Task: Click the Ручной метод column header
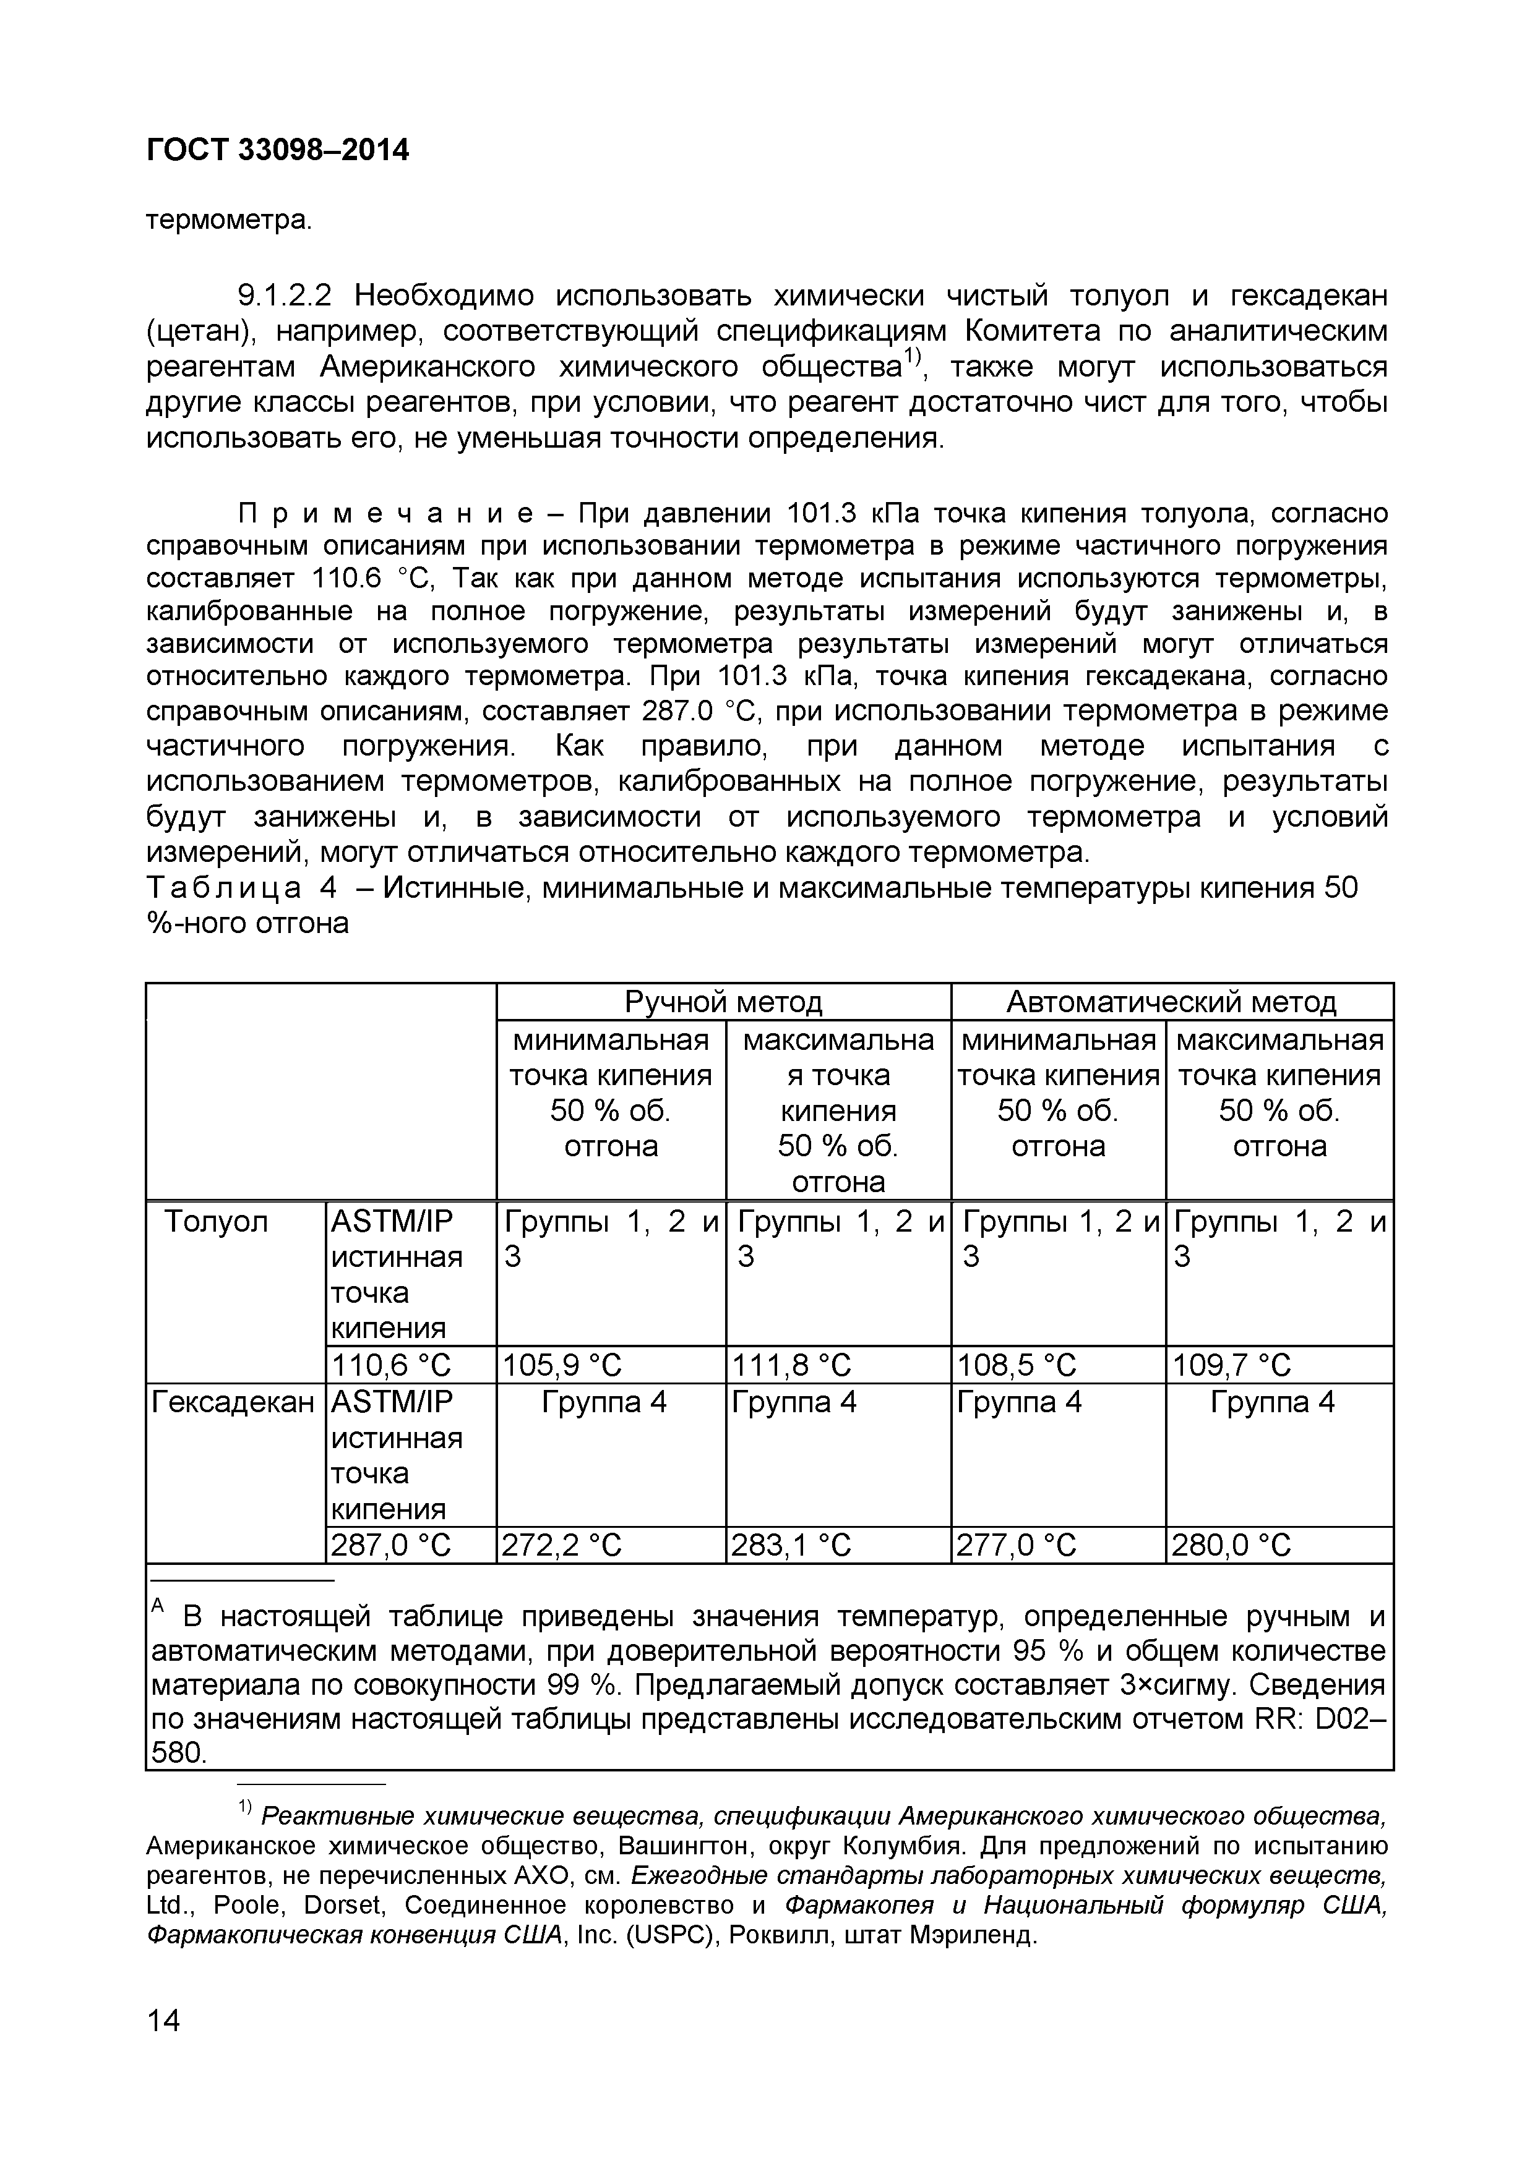pos(723,1002)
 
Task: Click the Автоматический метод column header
pos(1171,1002)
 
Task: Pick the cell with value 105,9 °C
pos(562,1365)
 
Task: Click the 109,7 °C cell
pos(1232,1365)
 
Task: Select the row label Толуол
pos(217,1222)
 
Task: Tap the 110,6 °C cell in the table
pos(390,1365)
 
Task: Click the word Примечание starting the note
pos(385,514)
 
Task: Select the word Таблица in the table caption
pos(224,888)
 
